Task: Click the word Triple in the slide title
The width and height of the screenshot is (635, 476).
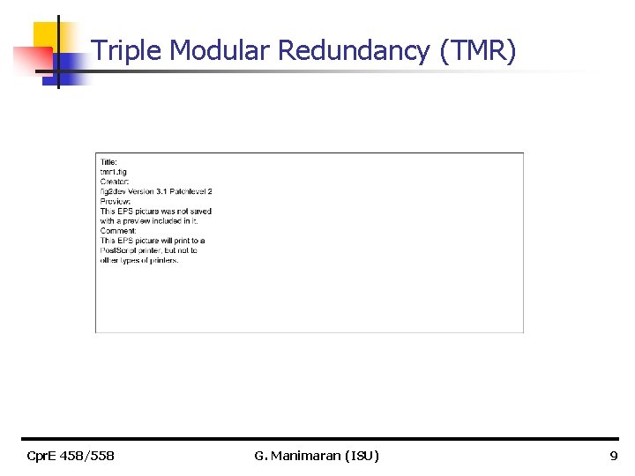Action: pos(127,51)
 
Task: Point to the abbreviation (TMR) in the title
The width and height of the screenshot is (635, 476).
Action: pos(477,51)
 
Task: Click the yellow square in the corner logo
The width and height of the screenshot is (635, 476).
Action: pos(45,34)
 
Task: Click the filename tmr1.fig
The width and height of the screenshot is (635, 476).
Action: pos(114,172)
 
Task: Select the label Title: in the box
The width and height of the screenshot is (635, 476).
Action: pos(108,162)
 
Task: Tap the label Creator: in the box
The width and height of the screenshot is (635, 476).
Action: pos(113,182)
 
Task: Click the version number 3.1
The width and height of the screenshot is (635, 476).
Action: pos(161,191)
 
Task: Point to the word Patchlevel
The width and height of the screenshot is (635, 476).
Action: pos(189,191)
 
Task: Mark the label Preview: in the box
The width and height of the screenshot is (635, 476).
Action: pos(113,201)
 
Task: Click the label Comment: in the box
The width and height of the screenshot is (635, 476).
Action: pos(115,231)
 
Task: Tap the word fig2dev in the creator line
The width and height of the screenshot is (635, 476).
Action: pos(113,191)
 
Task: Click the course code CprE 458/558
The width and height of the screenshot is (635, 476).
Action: pos(70,456)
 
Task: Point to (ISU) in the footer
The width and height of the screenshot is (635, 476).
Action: pos(362,456)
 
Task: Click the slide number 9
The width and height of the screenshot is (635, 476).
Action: pos(614,456)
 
